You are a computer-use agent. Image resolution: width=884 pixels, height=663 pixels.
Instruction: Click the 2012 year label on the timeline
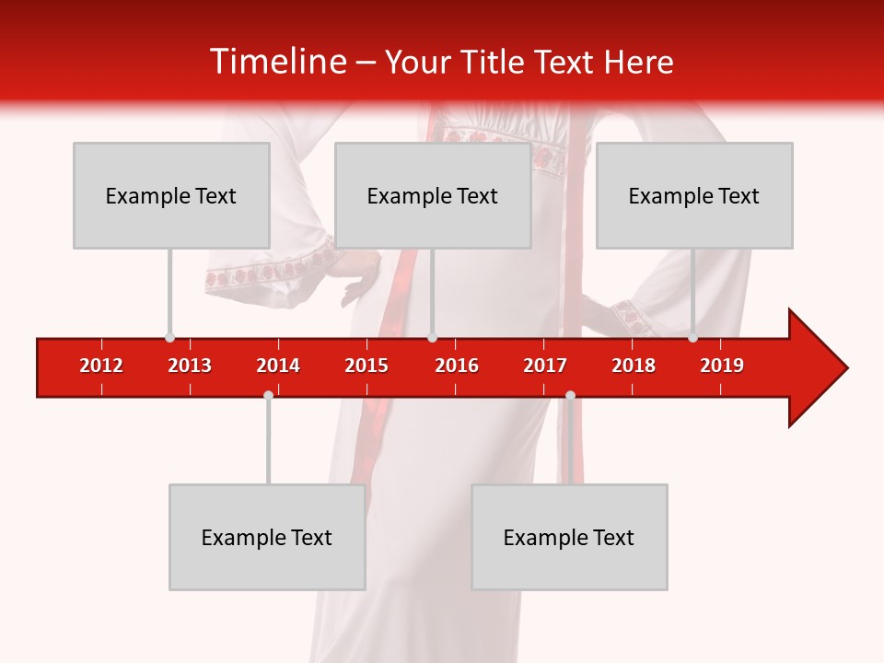[101, 366]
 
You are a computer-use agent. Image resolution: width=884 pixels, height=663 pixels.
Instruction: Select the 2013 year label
[190, 366]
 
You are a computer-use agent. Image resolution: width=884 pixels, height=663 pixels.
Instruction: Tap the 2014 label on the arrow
[278, 366]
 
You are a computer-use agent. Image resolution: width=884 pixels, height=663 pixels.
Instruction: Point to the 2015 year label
[366, 366]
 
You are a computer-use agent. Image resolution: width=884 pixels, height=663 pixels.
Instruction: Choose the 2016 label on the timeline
[457, 366]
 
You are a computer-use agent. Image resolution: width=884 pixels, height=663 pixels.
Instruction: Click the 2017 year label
[545, 366]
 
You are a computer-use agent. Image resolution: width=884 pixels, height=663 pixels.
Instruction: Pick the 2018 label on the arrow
[634, 366]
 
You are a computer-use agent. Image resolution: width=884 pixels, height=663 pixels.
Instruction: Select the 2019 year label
[722, 366]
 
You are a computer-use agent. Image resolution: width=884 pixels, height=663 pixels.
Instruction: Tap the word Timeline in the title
[276, 62]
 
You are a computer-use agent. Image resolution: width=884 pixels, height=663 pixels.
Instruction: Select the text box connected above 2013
[171, 195]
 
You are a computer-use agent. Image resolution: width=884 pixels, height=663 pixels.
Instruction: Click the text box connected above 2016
[433, 195]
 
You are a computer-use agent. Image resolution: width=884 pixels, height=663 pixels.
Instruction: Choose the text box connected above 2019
[694, 195]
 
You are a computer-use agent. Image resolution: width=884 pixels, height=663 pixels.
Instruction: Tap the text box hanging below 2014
[267, 537]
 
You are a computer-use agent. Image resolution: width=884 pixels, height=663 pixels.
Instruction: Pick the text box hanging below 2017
[569, 537]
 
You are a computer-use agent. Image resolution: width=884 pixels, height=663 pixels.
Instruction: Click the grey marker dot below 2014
[268, 395]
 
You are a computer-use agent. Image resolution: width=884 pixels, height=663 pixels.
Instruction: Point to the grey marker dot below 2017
[570, 395]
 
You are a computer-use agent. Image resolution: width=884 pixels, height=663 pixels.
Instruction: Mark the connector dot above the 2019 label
[692, 338]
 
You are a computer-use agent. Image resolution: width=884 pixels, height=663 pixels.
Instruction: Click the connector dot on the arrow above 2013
[169, 338]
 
